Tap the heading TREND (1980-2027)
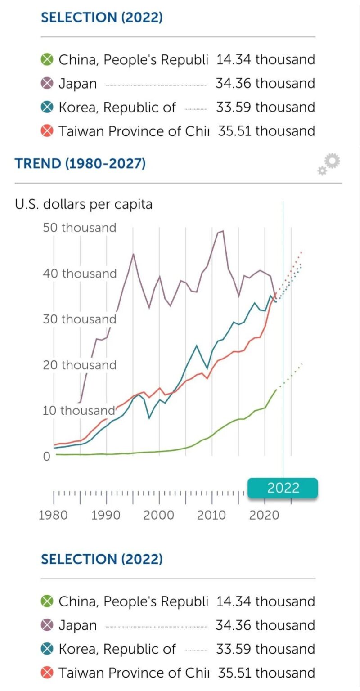[x=80, y=163]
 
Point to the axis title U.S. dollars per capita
[x=84, y=204]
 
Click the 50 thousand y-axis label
[x=80, y=228]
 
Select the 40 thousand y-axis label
[x=80, y=274]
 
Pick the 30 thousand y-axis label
[x=80, y=319]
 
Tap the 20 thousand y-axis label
[x=80, y=365]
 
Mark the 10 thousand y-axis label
[x=80, y=411]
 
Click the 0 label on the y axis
[x=47, y=457]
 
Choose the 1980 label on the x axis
[x=54, y=515]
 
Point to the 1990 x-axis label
[x=107, y=515]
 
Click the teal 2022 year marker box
[x=283, y=488]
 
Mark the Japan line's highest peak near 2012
[x=223, y=231]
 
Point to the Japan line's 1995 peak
[x=133, y=254]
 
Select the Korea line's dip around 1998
[x=149, y=418]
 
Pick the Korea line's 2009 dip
[x=207, y=368]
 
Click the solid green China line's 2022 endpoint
[x=276, y=390]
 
